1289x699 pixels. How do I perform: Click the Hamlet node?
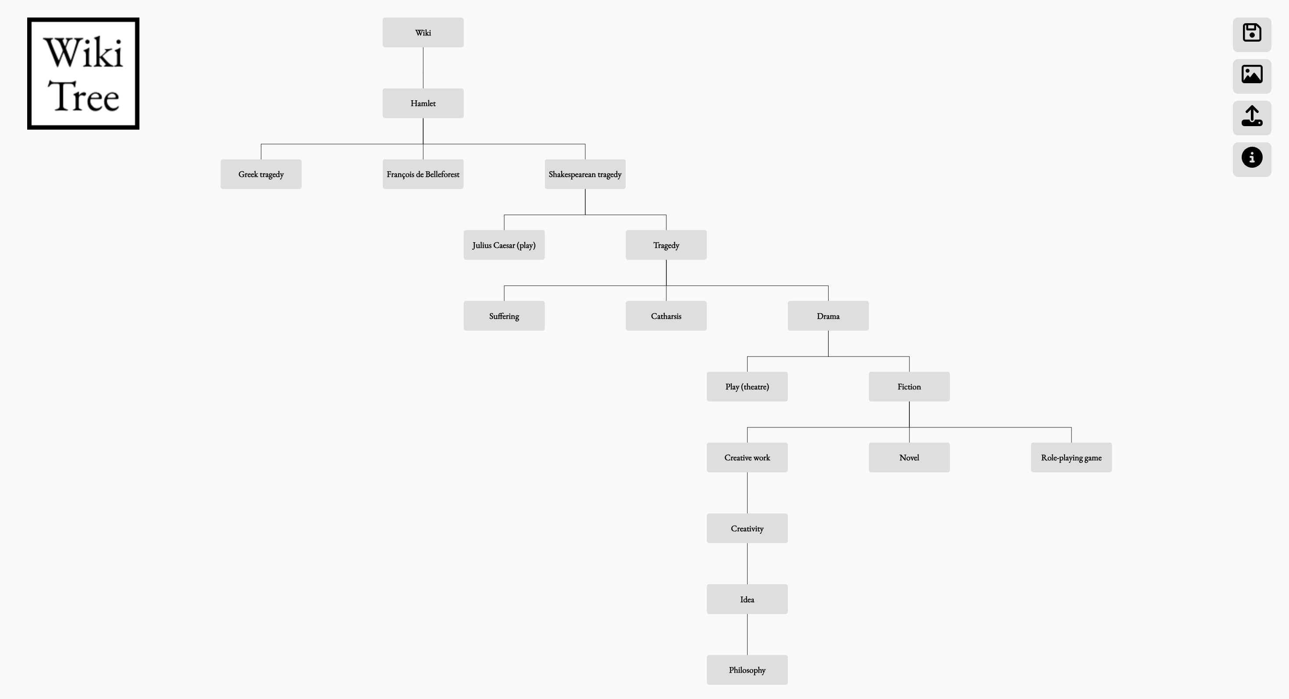tap(423, 103)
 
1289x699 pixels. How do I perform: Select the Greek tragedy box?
tap(261, 174)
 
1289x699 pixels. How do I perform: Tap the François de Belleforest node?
tap(423, 174)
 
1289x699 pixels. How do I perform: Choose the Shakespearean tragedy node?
tap(585, 174)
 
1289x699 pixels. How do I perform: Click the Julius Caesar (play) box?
tap(504, 245)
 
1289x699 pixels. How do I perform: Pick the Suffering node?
tap(504, 316)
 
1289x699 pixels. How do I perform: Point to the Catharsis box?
tap(666, 316)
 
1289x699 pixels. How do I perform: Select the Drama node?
tap(828, 316)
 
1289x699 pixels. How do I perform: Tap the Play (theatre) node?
tap(747, 386)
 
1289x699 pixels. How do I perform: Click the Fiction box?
tap(909, 386)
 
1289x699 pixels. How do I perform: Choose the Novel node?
tap(909, 458)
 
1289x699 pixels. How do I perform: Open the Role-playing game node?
tap(1072, 458)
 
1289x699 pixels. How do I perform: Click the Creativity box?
tap(747, 529)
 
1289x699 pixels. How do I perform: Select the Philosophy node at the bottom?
tap(747, 670)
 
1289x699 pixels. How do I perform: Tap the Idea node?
tap(747, 599)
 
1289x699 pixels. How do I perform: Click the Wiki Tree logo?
tap(83, 74)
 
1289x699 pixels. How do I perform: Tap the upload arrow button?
tap(1252, 117)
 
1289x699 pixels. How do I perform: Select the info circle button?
tap(1252, 159)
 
